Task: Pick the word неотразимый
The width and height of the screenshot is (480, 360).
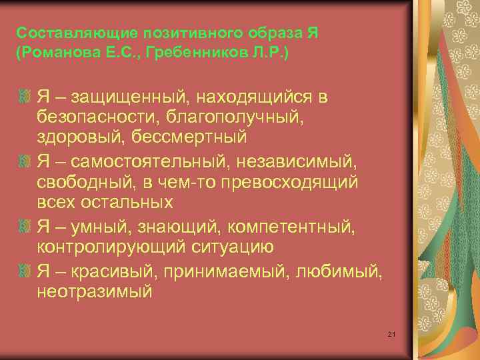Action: pos(95,291)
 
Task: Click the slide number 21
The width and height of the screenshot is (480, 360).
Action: pos(392,333)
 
